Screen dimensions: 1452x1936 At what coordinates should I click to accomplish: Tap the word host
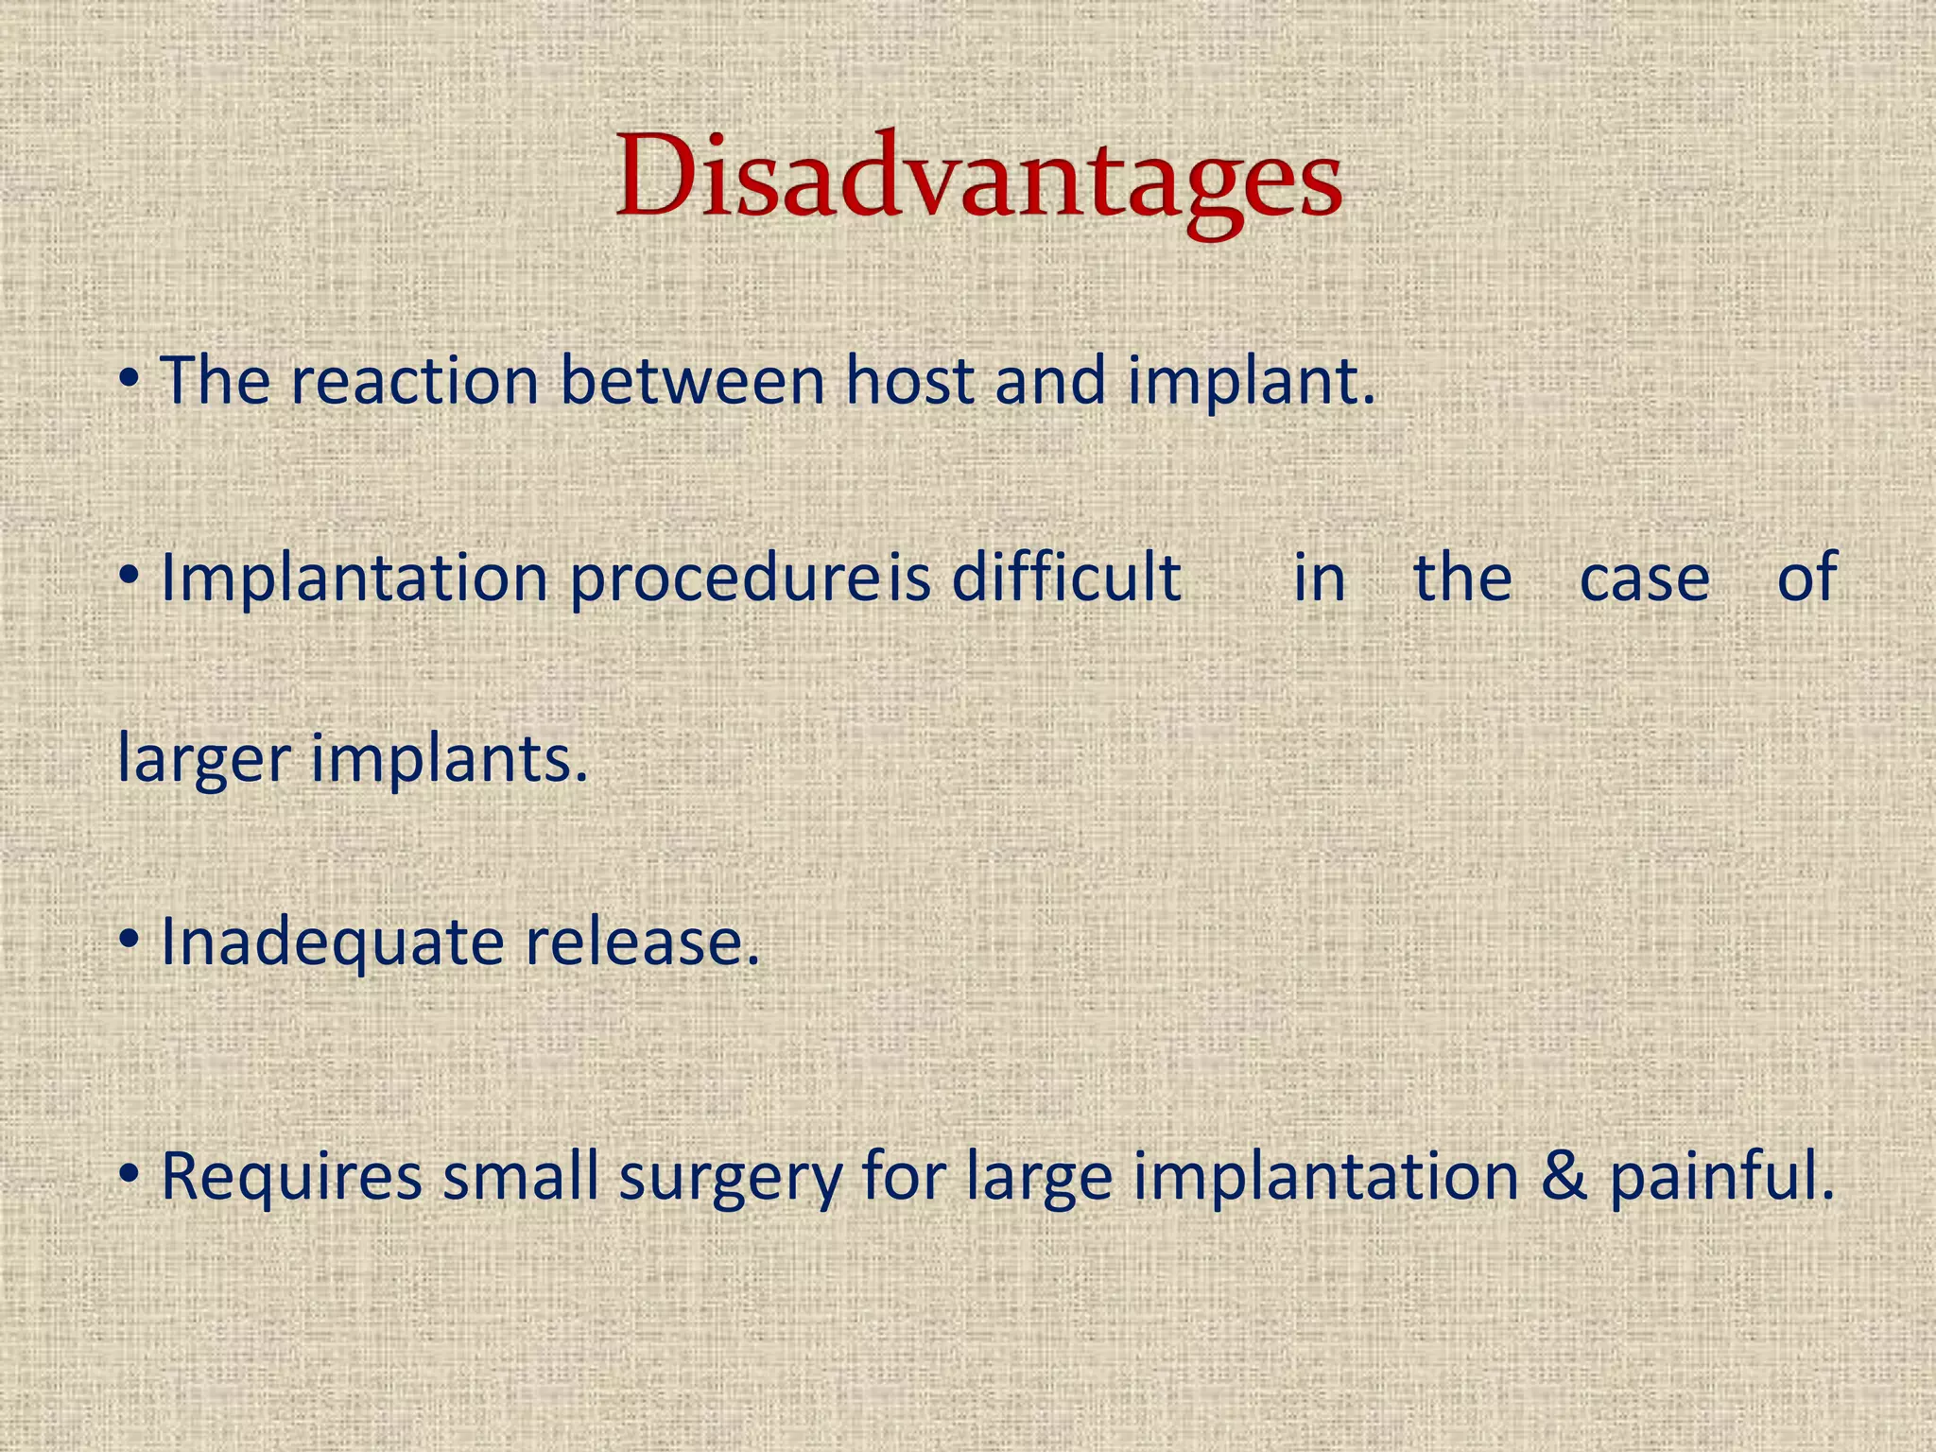click(x=908, y=381)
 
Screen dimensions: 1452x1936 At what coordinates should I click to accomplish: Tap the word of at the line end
click(x=1806, y=577)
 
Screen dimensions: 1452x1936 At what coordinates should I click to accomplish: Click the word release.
click(x=642, y=942)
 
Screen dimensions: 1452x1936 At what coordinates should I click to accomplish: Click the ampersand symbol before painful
click(x=1564, y=1178)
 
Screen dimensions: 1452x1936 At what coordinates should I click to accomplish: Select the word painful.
click(x=1721, y=1178)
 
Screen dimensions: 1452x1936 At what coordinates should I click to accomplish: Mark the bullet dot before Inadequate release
click(x=130, y=941)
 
